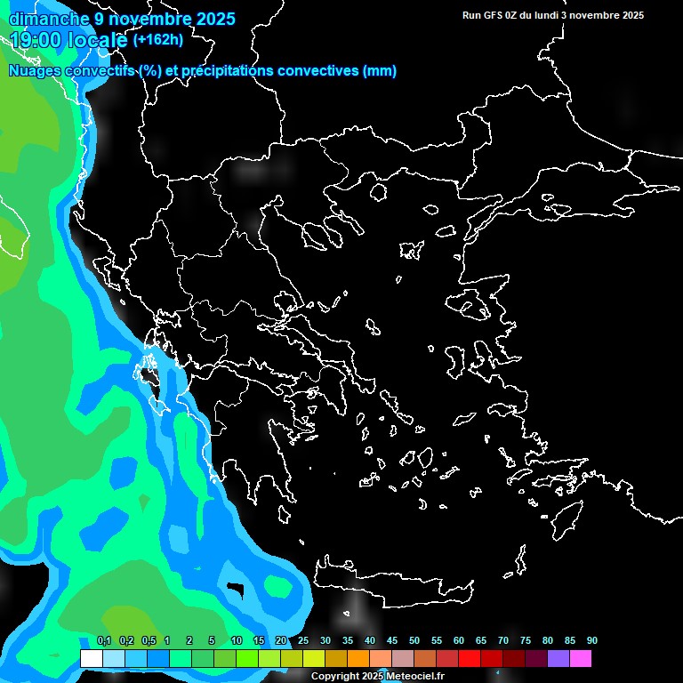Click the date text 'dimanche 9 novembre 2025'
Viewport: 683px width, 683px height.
(122, 19)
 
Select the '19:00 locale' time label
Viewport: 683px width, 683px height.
(68, 40)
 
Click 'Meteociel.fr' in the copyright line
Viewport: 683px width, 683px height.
(414, 677)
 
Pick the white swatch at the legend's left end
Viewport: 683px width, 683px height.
(91, 658)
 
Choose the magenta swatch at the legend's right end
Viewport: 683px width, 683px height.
(581, 658)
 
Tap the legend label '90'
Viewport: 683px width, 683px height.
(591, 641)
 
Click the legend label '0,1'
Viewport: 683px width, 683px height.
(104, 641)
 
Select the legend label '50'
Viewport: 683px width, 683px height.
(414, 641)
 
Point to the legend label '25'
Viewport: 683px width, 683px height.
(303, 641)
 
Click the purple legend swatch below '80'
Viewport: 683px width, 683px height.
(558, 658)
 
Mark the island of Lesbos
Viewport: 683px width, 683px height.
(475, 308)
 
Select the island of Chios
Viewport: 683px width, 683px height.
(454, 360)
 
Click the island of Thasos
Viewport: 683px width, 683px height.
(377, 191)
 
